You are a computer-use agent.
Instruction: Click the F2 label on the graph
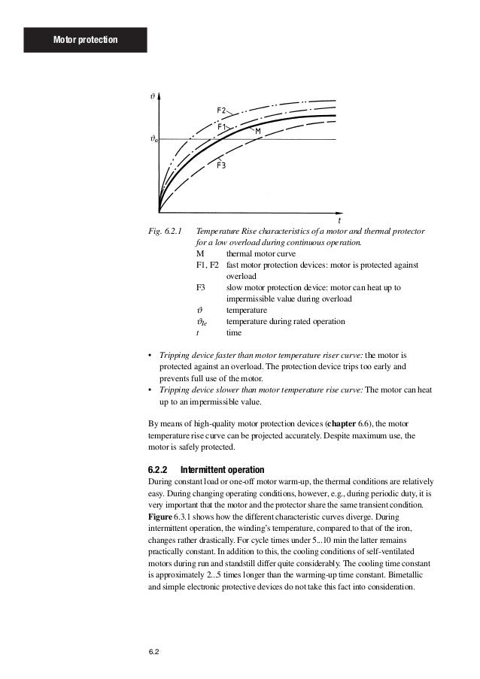(x=223, y=111)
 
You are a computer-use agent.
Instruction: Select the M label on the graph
(x=257, y=132)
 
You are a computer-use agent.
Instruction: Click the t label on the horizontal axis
(x=339, y=221)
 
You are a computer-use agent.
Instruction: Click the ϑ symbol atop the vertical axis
(x=153, y=96)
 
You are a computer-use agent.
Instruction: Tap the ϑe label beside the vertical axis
(x=153, y=139)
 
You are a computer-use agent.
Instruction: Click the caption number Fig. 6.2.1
(x=166, y=232)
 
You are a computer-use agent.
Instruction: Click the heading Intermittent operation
(x=224, y=468)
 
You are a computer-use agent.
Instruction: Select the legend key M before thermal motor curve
(x=199, y=255)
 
